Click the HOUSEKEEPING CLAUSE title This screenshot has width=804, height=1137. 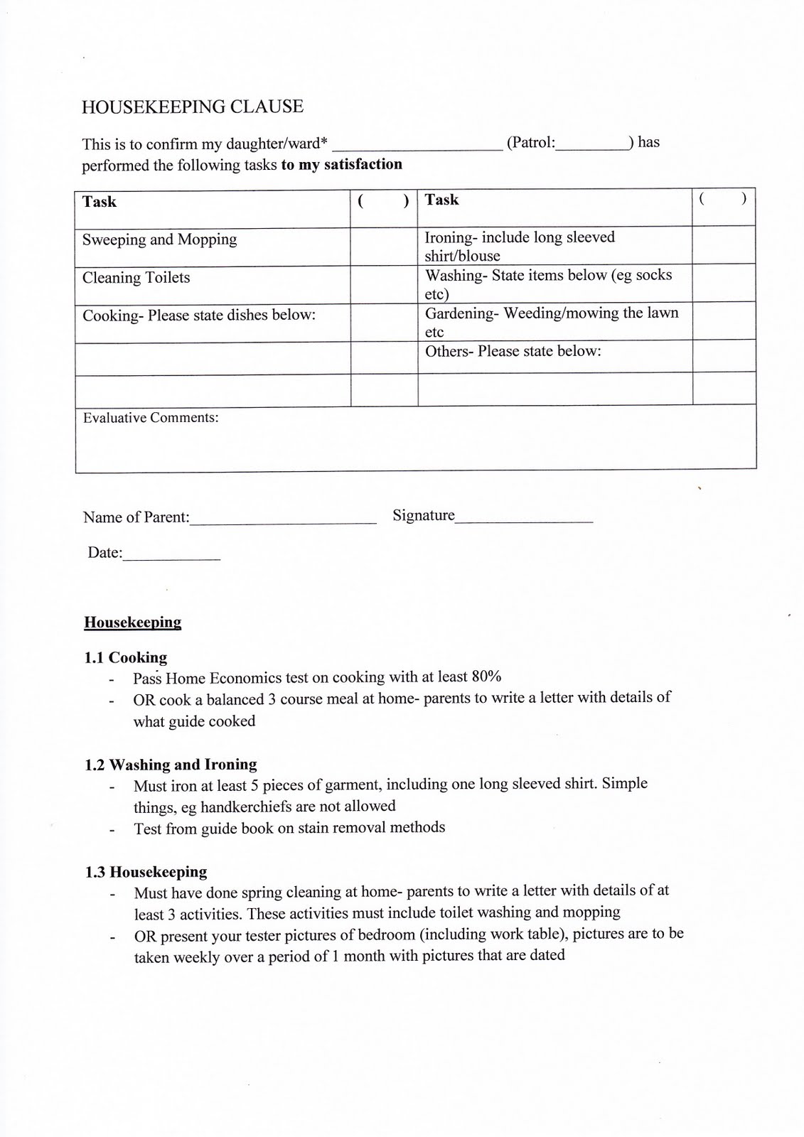[192, 107]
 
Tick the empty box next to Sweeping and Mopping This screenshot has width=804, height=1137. [383, 247]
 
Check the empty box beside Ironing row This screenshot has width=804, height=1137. [723, 244]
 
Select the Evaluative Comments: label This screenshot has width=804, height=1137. [151, 418]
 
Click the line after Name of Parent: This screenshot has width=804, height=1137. [283, 519]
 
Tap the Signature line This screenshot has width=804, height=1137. [524, 519]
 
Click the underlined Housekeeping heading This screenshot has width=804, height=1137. [133, 623]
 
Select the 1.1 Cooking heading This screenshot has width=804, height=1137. [126, 658]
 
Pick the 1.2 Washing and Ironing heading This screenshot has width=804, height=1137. [171, 765]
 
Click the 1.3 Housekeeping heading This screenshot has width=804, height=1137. [146, 872]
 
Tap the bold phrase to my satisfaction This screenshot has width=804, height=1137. [342, 165]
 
